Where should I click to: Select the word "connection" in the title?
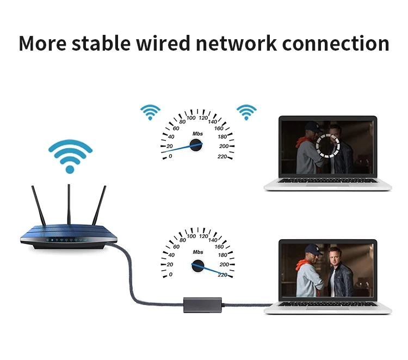[x=335, y=43]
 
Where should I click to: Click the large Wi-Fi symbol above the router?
[x=70, y=156]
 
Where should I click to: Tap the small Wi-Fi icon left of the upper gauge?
[x=150, y=112]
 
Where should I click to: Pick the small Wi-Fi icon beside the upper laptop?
[x=246, y=112]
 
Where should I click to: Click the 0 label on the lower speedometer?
[x=171, y=274]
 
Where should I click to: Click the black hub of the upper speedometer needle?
[x=196, y=145]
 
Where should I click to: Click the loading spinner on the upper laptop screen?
[x=328, y=145]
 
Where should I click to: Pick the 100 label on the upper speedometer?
[x=191, y=118]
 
